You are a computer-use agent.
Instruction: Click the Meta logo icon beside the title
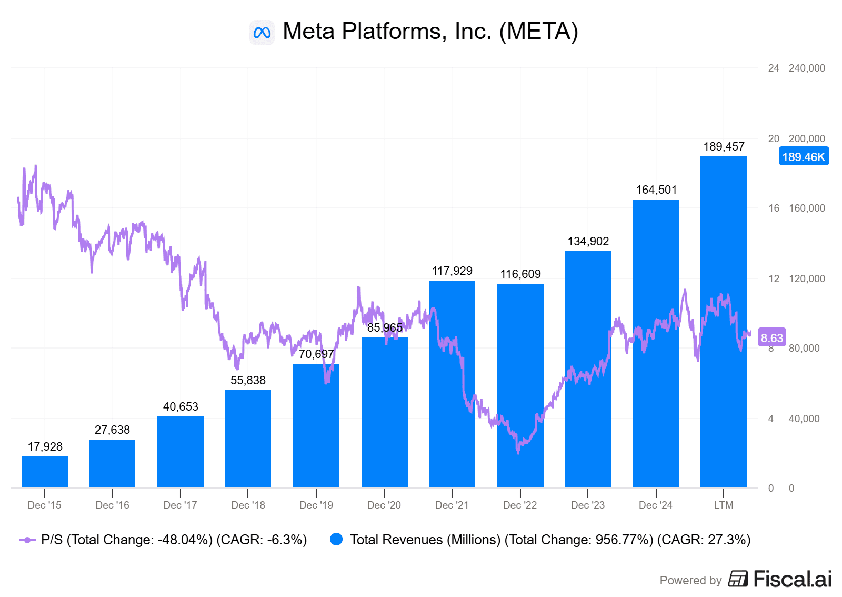point(262,33)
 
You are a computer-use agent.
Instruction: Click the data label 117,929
point(452,271)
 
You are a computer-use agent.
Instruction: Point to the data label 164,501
point(656,190)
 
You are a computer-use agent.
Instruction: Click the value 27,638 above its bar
point(112,430)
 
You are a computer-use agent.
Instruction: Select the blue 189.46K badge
point(804,157)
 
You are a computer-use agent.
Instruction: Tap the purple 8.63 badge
point(771,338)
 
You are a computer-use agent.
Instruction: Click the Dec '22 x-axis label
point(520,505)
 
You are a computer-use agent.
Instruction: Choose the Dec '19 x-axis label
point(316,505)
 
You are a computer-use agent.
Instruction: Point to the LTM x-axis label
point(724,505)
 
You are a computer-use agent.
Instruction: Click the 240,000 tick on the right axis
point(807,68)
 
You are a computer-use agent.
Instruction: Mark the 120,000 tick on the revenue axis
point(807,279)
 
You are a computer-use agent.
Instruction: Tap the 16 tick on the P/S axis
point(774,208)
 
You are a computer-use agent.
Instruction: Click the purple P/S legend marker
point(27,540)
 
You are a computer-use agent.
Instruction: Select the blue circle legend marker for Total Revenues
point(336,540)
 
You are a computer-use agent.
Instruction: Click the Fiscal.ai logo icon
point(738,579)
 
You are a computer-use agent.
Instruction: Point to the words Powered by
point(690,581)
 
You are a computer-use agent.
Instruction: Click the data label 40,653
point(181,407)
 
